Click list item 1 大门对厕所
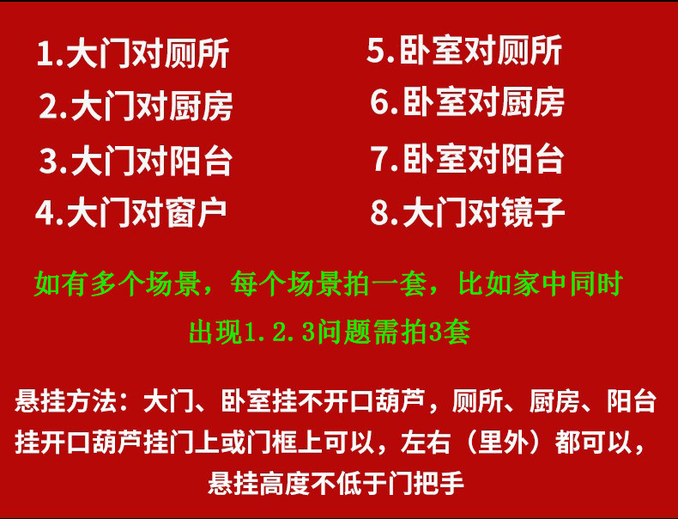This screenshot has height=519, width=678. (133, 53)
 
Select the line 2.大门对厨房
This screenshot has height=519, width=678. (136, 107)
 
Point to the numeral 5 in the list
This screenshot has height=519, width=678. (376, 50)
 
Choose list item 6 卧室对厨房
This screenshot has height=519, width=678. (467, 102)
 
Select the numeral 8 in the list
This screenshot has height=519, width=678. (379, 212)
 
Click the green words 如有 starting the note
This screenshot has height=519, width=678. (60, 284)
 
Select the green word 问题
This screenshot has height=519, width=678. (344, 333)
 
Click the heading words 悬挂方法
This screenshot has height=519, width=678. (66, 401)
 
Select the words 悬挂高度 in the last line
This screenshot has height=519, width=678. (259, 483)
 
